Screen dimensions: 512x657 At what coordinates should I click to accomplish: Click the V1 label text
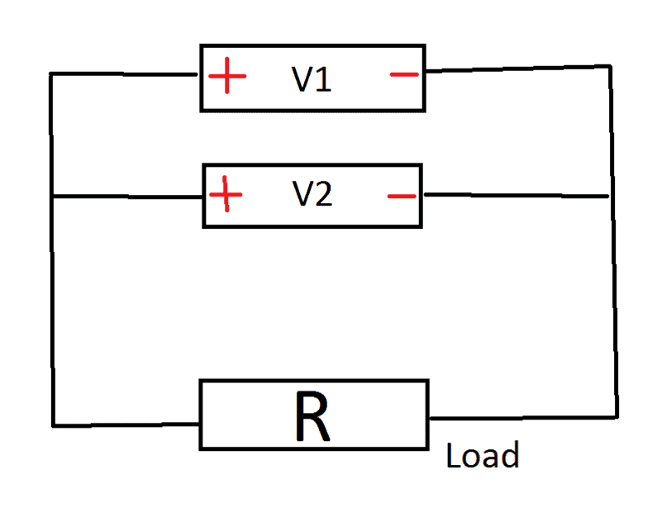point(312,79)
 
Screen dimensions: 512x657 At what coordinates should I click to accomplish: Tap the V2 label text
point(312,195)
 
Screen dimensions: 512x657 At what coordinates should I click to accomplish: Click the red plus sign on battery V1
point(227,78)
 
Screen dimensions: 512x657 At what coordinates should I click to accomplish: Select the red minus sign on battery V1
point(404,76)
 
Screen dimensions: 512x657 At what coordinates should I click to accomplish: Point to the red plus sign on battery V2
point(226,196)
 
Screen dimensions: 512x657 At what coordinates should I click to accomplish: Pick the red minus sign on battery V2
point(402,197)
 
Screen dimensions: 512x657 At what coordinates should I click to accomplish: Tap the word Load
point(483,456)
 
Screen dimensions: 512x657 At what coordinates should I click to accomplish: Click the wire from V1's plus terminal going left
point(124,73)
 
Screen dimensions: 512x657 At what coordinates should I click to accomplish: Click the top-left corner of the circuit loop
point(51,73)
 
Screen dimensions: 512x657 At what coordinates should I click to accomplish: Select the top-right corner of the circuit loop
point(611,65)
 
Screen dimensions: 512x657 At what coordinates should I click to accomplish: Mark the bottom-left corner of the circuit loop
point(53,425)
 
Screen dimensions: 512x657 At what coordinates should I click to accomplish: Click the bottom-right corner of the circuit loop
point(616,415)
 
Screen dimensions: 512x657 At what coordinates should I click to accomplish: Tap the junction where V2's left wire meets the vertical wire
point(52,197)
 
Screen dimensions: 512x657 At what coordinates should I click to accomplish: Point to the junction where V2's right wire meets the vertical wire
point(610,196)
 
